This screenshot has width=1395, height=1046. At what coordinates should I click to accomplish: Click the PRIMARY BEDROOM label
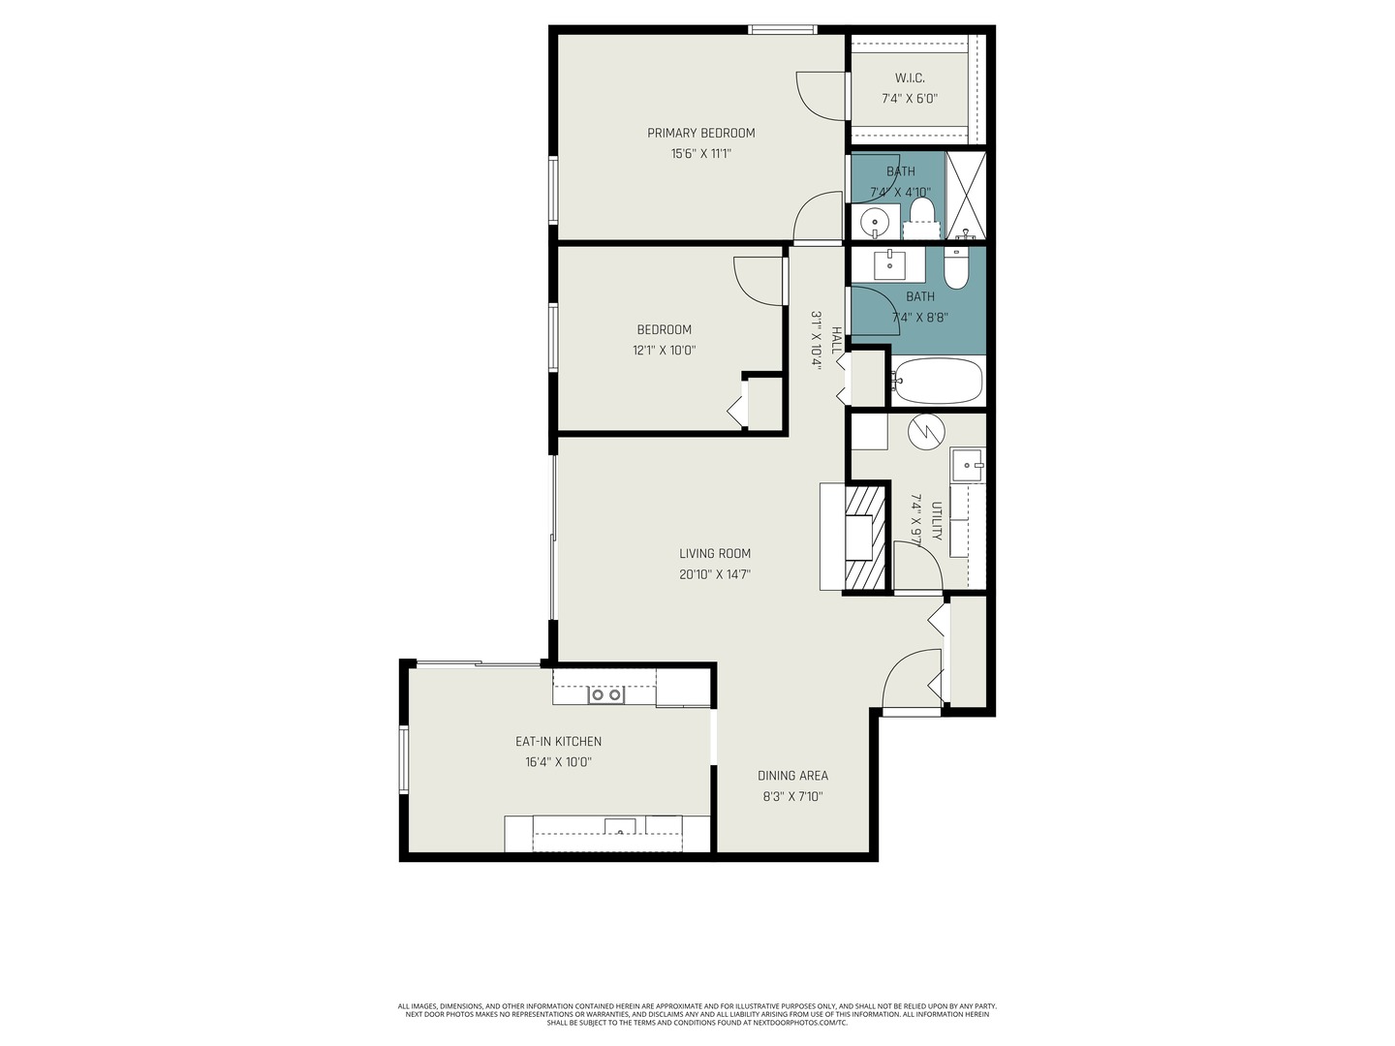pos(700,133)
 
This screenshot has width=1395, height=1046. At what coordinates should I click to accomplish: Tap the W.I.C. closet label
pos(909,77)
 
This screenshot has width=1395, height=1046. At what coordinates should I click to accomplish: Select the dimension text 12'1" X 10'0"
pos(664,351)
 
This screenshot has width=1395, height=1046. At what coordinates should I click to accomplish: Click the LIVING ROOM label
pos(715,553)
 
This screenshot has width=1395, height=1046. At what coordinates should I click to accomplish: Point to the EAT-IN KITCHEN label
pos(558,741)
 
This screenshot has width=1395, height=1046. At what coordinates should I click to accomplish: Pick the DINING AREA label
pos(792,775)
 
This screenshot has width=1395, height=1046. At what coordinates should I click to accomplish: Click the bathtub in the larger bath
pos(937,381)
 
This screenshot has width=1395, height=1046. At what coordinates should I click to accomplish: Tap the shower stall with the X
pos(965,194)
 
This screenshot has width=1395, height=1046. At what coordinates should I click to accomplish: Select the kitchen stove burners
pos(606,694)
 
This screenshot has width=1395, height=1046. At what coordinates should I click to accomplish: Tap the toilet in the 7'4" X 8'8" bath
pos(956,268)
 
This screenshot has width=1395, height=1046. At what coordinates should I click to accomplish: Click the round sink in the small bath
pos(875,222)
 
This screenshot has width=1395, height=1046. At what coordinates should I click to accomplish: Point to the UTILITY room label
pos(937,521)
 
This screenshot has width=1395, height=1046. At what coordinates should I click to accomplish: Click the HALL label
pos(836,340)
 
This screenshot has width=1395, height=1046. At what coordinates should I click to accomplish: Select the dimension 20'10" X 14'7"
pos(715,574)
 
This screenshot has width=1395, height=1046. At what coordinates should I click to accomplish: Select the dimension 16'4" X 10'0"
pos(558,762)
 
